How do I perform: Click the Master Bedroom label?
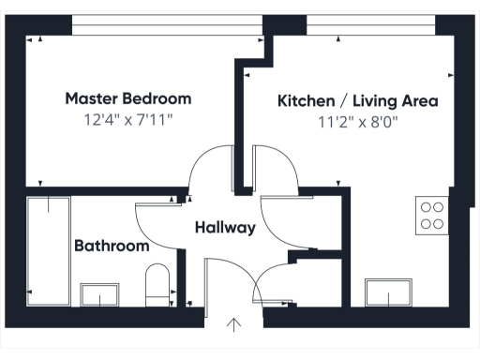[x=128, y=98]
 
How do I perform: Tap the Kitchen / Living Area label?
[x=358, y=99]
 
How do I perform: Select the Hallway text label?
[x=225, y=227]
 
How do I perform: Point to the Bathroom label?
[x=112, y=247]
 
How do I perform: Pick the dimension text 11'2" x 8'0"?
[x=358, y=120]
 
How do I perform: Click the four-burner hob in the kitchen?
[x=432, y=216]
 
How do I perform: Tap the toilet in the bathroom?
[x=157, y=284]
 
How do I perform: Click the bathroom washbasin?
[x=98, y=296]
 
